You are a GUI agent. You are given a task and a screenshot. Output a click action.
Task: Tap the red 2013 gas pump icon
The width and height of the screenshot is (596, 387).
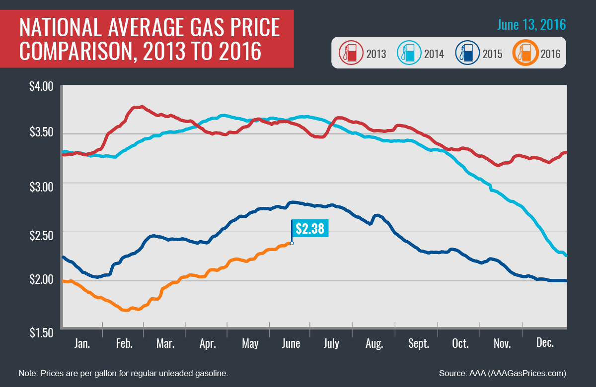point(349,54)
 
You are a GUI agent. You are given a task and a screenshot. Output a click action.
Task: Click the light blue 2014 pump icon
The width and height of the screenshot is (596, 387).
point(407,54)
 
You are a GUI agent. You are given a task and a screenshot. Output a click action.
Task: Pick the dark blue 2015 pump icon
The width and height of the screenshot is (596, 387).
point(465,54)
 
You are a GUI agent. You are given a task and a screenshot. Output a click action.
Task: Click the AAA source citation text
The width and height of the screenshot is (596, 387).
point(503,373)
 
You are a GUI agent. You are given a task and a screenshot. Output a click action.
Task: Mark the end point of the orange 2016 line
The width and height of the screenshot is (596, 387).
point(292,243)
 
